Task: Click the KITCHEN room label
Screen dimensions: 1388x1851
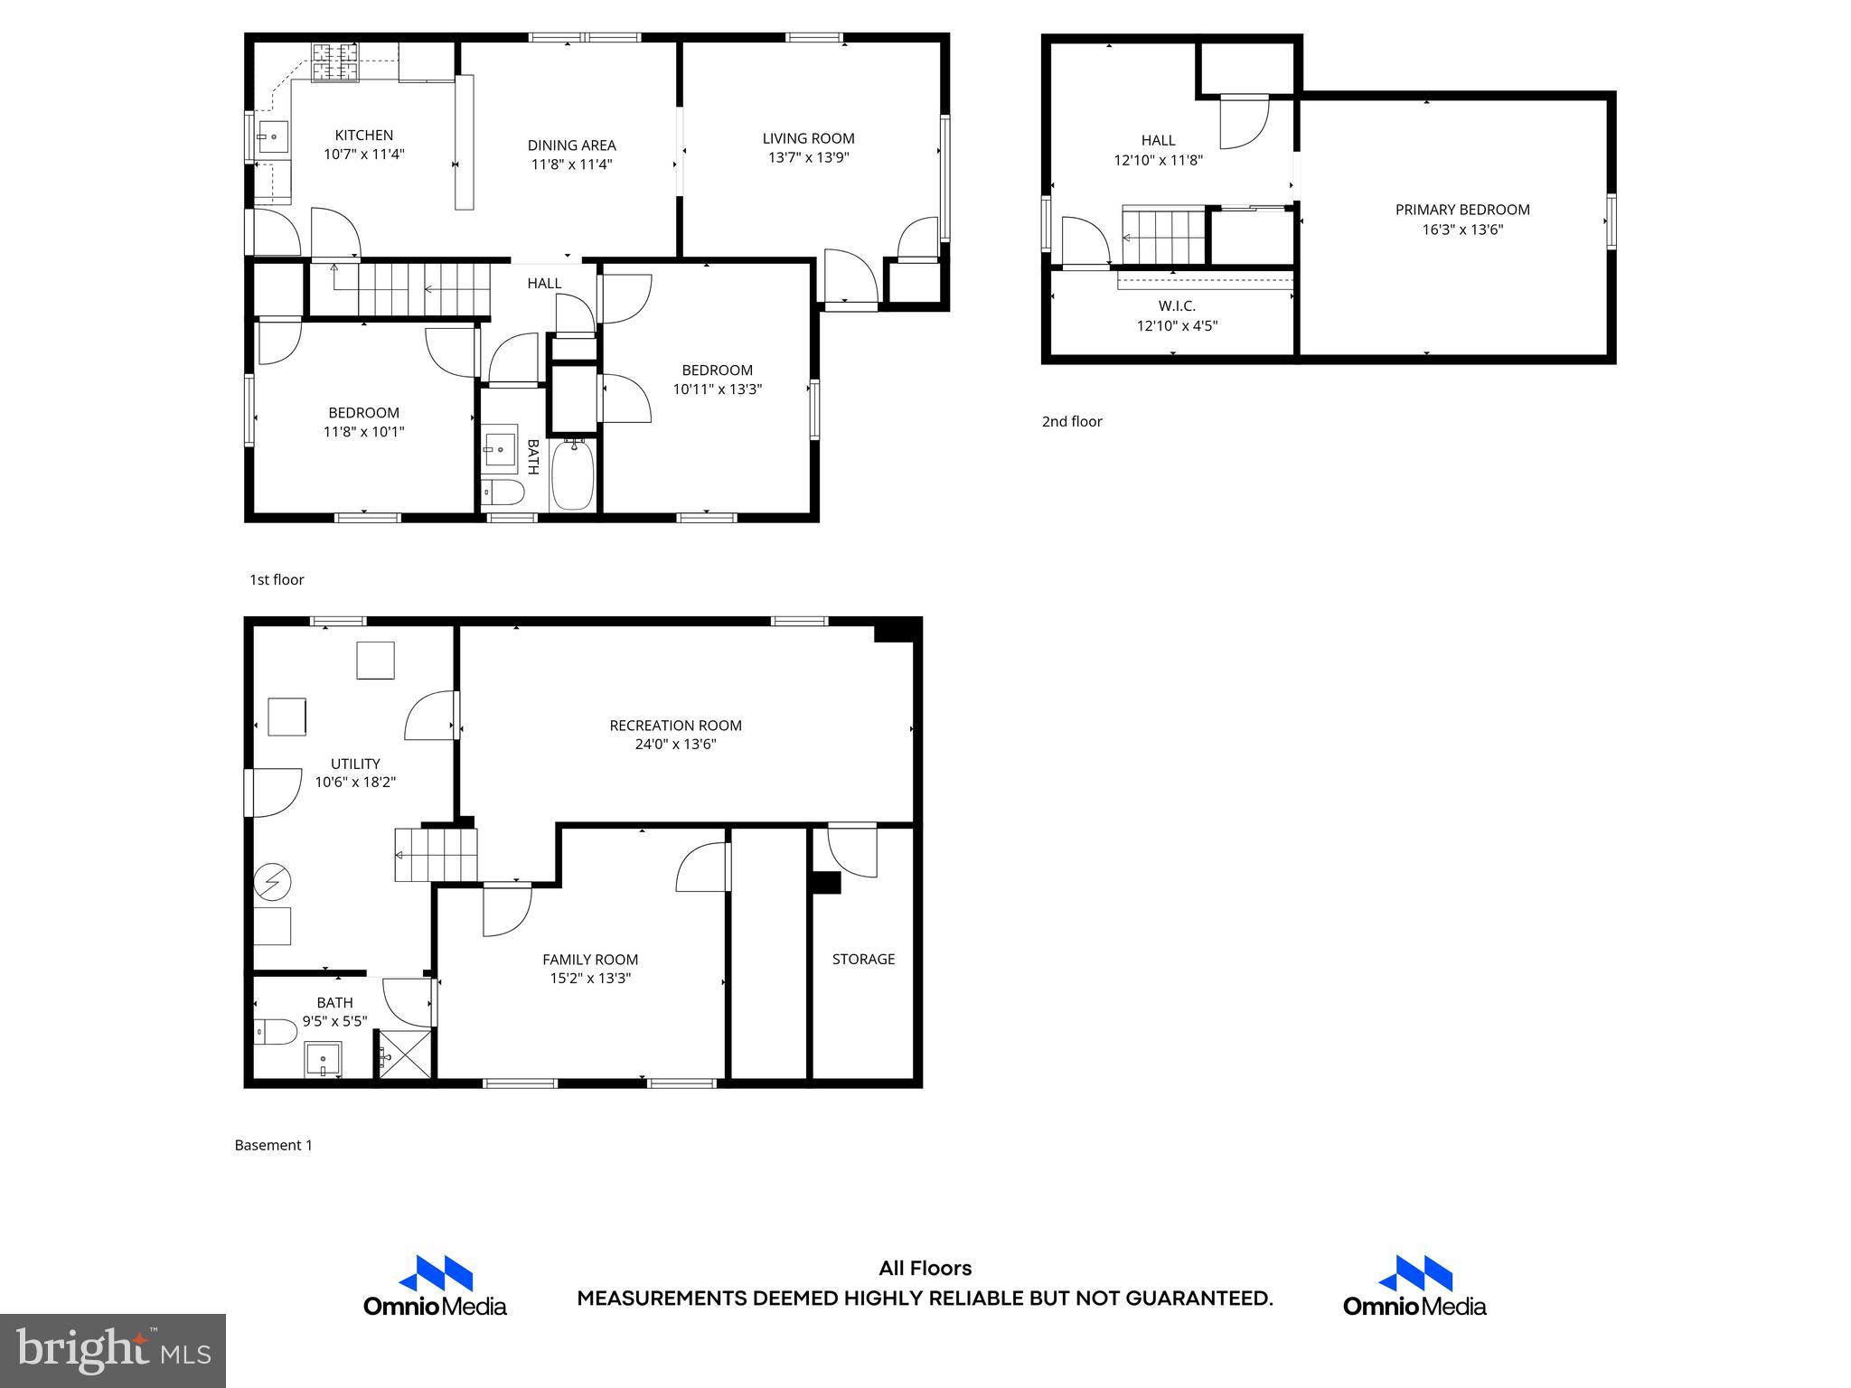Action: tap(363, 136)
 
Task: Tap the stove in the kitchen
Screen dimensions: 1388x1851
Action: tap(336, 61)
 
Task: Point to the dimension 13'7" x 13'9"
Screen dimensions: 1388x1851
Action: tap(808, 157)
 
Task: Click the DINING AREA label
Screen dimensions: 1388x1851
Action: tap(571, 145)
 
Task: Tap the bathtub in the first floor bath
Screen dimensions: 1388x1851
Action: tap(572, 474)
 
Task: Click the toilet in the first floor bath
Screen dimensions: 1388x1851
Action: tap(503, 492)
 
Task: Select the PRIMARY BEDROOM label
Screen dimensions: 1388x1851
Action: tap(1461, 210)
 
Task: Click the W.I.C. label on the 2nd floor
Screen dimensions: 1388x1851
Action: tap(1177, 306)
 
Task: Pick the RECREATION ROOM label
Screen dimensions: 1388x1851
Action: tap(675, 725)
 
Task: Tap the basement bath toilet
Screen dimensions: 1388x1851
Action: tap(275, 1031)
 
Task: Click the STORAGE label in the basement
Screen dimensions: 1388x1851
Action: tap(863, 959)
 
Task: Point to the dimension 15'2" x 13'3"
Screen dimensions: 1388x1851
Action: tap(590, 978)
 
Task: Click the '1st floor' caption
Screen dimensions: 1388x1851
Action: tap(277, 579)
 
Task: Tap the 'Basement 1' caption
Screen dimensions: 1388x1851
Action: tap(273, 1145)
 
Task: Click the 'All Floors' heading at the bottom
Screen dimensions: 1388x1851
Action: tap(925, 1269)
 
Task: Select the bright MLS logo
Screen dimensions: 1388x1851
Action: tap(113, 1351)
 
